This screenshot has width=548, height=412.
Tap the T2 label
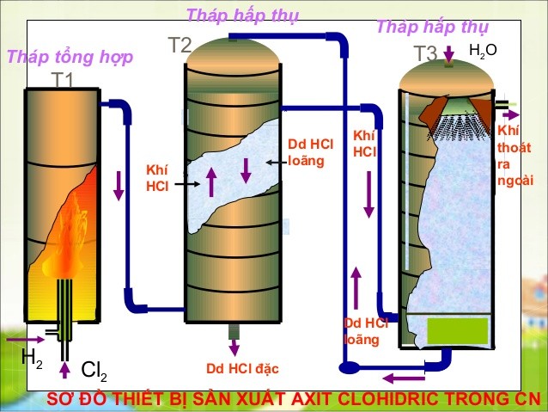(x=180, y=46)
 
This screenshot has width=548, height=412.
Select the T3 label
(x=425, y=53)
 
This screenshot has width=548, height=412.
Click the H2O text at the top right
(x=483, y=51)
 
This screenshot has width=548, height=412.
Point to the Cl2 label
(x=94, y=371)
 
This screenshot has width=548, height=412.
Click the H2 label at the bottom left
(x=32, y=360)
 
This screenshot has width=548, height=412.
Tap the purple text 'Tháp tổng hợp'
(x=70, y=58)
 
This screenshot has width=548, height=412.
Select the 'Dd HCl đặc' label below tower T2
(x=242, y=369)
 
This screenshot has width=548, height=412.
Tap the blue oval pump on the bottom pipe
(x=349, y=367)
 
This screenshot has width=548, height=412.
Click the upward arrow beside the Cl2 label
(x=65, y=371)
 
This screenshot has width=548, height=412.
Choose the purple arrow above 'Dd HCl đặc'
(x=233, y=347)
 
